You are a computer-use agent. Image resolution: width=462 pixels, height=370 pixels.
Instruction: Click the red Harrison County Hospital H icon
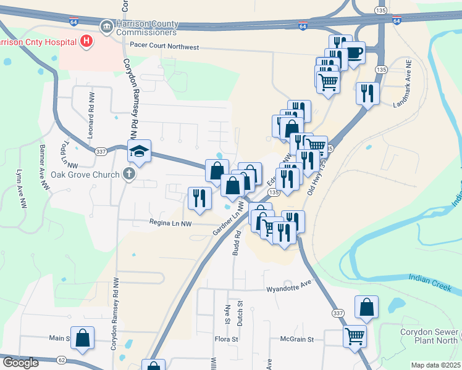[86, 41]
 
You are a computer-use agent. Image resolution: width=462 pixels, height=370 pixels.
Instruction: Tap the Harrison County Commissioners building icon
[106, 27]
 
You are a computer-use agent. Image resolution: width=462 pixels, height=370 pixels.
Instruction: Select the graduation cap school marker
[139, 150]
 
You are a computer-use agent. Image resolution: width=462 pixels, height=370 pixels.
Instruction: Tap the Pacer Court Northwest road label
[164, 46]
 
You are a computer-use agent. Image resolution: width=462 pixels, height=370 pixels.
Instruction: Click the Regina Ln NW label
[170, 223]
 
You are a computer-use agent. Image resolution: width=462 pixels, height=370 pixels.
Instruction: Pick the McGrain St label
[297, 339]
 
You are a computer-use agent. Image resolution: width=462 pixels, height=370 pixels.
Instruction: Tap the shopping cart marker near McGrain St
[355, 336]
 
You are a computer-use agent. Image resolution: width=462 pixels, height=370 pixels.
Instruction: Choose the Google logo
[20, 363]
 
